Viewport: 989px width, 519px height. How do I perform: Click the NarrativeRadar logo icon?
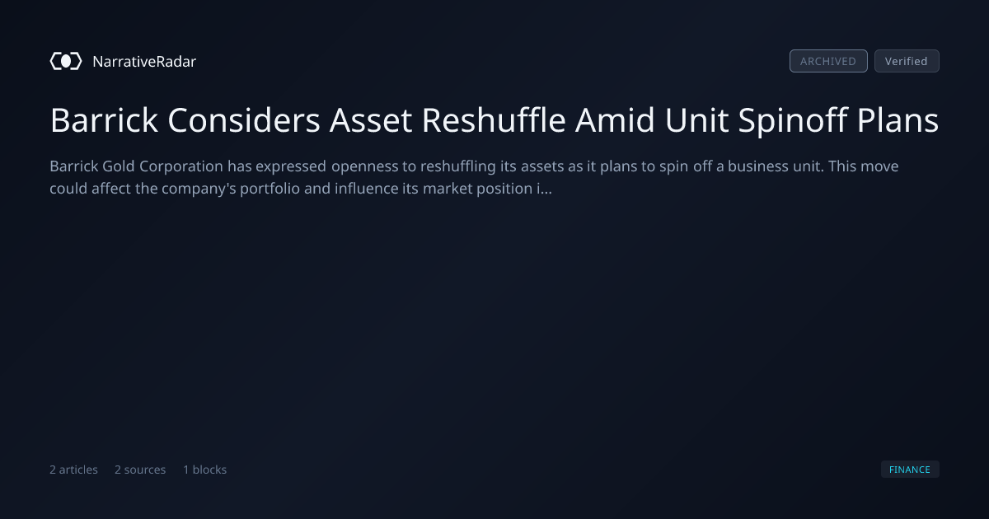66,61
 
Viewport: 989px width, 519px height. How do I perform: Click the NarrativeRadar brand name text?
144,61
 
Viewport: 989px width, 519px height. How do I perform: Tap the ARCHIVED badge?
828,61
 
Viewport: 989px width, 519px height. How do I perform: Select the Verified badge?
907,61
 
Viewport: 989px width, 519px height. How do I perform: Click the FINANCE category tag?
910,469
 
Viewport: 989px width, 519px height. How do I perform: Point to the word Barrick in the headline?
104,120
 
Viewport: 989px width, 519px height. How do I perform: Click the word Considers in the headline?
244,120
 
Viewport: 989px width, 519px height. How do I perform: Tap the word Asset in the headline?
371,120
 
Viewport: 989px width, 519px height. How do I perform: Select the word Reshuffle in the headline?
494,120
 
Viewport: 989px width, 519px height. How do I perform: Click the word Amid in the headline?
615,120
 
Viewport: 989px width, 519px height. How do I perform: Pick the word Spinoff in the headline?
793,120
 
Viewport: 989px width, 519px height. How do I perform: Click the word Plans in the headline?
898,120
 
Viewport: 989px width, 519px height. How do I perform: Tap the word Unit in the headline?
696,120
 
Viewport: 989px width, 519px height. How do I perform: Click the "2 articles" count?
73,470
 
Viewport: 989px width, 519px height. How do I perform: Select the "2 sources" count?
140,470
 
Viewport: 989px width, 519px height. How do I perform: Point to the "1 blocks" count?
205,470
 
